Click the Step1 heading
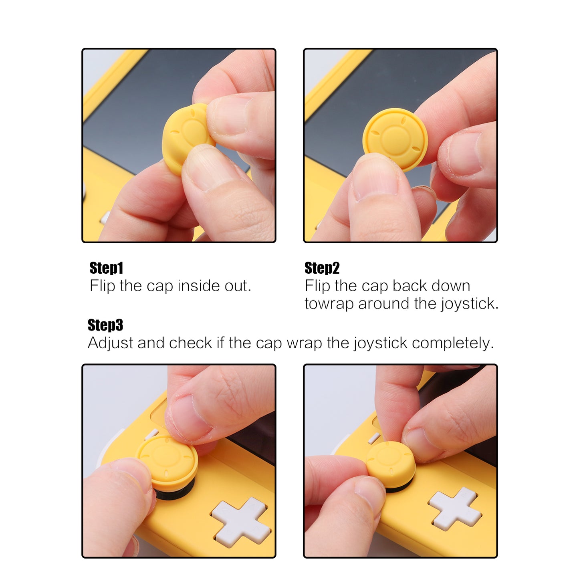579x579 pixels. [106, 268]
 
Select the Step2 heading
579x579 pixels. [322, 268]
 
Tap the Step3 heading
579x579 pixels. [105, 325]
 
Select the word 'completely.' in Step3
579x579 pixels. [453, 343]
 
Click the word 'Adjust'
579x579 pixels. [110, 343]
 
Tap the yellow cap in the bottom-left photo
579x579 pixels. [168, 459]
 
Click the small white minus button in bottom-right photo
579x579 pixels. [374, 438]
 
